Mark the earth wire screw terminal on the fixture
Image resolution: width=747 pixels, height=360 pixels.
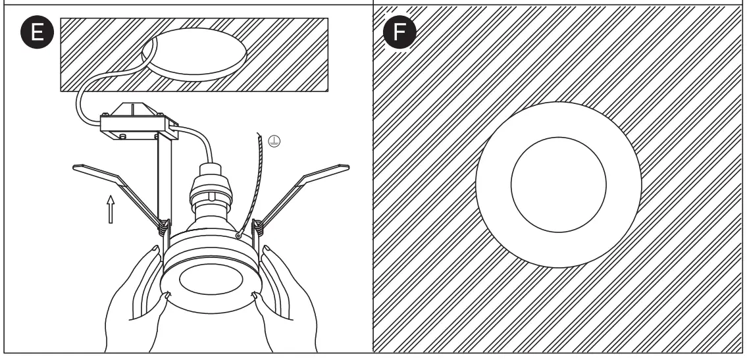(239, 235)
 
